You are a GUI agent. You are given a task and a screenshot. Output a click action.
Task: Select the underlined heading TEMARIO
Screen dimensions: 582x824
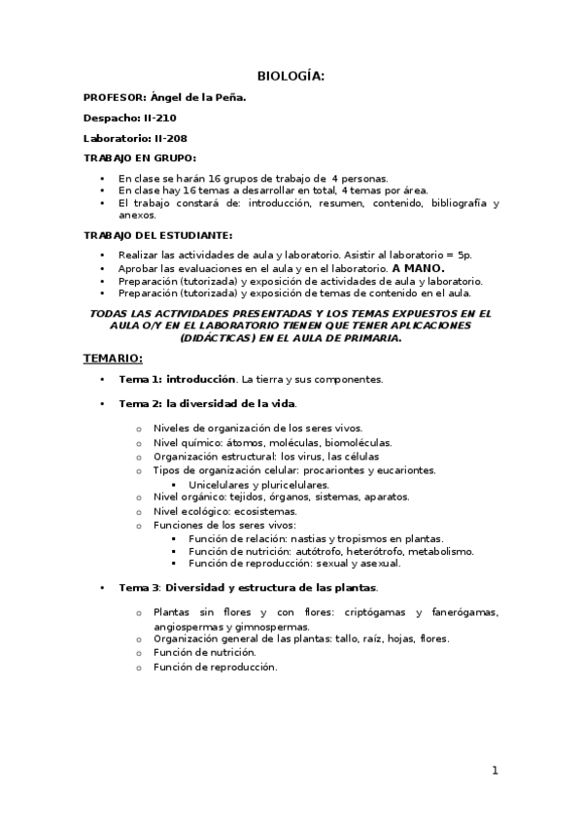tap(113, 359)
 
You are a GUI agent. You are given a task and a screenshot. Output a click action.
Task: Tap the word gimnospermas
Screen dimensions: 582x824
tap(265, 627)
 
